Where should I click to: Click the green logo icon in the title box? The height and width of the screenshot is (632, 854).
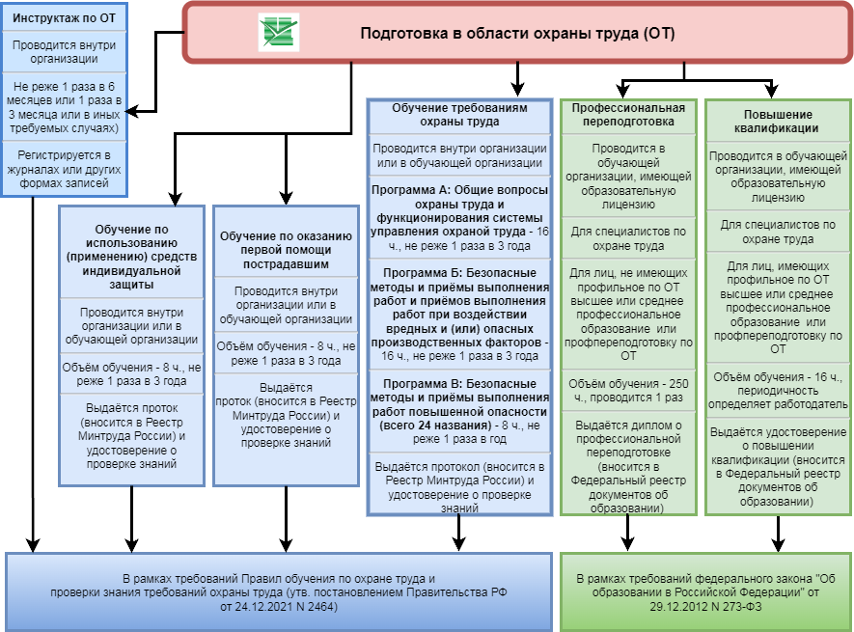pos(279,33)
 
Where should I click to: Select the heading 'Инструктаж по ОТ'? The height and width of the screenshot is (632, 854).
pos(64,15)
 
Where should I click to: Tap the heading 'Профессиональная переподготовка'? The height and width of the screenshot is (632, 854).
pos(628,115)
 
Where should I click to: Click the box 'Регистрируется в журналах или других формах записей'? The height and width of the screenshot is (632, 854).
pos(64,170)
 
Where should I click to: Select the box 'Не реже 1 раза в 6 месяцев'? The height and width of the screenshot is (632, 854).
pos(64,106)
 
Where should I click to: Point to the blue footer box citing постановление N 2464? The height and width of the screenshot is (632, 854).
pos(279,588)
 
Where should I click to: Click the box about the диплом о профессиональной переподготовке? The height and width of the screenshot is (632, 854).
pos(628,465)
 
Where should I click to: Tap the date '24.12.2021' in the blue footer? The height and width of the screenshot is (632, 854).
pos(251,608)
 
